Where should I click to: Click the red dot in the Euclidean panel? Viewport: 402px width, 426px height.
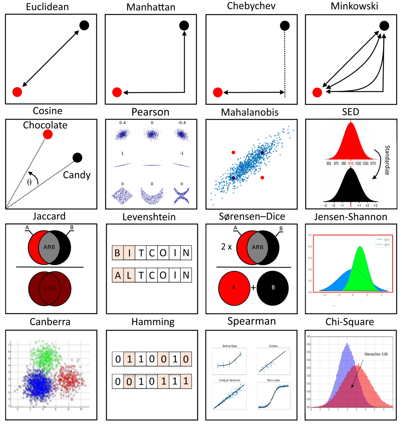pos(17,92)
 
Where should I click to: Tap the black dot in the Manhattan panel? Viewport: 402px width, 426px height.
pos(184,26)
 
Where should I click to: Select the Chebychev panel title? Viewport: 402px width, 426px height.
pos(251,6)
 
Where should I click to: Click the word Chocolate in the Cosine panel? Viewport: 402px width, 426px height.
pos(45,125)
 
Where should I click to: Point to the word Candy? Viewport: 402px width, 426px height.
pos(77,175)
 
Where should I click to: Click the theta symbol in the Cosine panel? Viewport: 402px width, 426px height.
pos(29,182)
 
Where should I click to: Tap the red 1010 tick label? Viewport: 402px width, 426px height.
pos(351,164)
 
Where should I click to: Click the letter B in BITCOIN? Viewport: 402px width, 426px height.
pos(118,253)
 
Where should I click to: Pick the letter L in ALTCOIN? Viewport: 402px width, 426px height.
pos(129,275)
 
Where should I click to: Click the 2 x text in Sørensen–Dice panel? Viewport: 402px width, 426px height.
pos(226,247)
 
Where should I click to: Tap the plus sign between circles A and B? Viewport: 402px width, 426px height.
pos(253,288)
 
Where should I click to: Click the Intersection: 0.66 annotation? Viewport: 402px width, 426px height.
pos(376,354)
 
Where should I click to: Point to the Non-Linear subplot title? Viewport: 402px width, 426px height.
pos(273,380)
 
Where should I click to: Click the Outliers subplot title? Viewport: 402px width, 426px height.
pos(273,346)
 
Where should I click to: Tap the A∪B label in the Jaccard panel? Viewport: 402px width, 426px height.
pos(50,288)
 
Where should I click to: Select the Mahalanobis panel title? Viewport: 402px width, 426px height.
pos(250,112)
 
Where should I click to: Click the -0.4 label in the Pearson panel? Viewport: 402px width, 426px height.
pos(182,123)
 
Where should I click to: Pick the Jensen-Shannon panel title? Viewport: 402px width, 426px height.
pos(350,217)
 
